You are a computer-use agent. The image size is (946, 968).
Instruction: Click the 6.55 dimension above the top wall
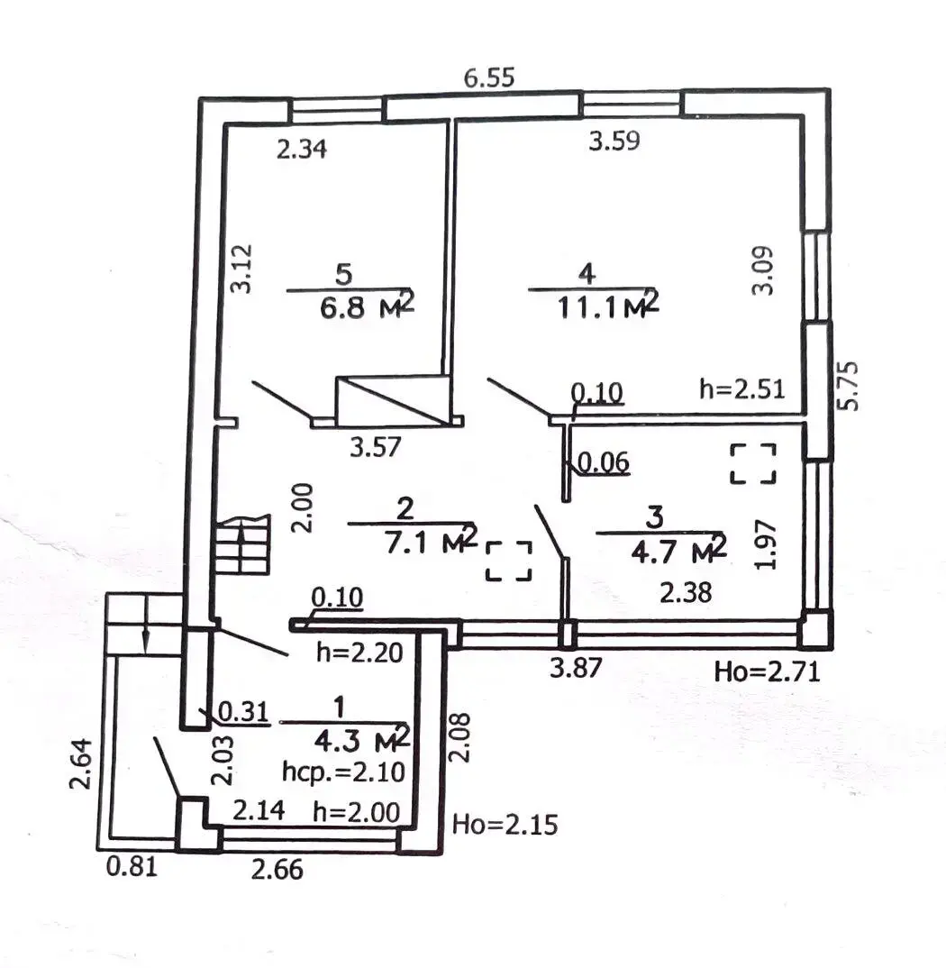click(488, 78)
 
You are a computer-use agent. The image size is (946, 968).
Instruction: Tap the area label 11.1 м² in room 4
click(608, 305)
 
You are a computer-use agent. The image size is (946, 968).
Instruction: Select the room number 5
click(344, 274)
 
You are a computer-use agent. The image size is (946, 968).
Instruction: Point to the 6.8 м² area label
click(367, 305)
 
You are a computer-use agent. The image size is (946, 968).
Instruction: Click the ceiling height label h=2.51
click(742, 389)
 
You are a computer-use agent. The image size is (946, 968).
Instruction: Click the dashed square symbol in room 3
click(753, 463)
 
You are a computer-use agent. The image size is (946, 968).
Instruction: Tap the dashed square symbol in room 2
click(509, 561)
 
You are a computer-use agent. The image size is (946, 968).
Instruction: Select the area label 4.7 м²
click(678, 550)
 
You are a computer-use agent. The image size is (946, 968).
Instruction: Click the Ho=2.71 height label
click(767, 671)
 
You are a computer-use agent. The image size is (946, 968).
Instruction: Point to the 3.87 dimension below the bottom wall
click(575, 667)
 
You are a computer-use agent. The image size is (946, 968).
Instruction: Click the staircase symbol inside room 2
click(243, 545)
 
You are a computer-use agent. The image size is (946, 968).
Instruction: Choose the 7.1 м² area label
click(431, 541)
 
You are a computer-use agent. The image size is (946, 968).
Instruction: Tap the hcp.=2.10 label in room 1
click(344, 772)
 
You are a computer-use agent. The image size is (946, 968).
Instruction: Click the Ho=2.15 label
click(505, 824)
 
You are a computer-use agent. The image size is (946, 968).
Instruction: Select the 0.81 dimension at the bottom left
click(132, 867)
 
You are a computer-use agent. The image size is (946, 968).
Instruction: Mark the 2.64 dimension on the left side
click(81, 763)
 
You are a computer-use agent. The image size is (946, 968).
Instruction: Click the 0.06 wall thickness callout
click(602, 463)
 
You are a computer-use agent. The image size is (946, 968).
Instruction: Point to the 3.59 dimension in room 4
click(614, 141)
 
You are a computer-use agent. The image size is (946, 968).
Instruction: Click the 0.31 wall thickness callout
click(244, 712)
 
